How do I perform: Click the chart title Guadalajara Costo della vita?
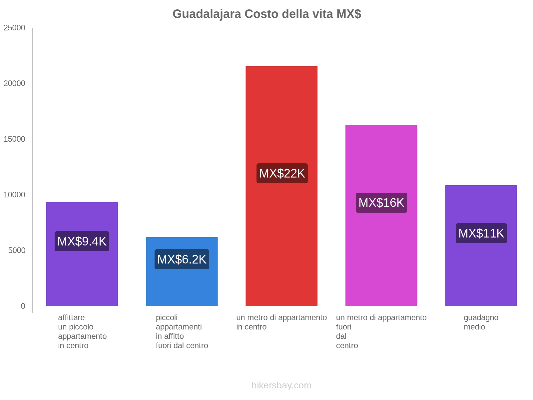(x=266, y=14)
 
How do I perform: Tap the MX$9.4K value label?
(x=82, y=241)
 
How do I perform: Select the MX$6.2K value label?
(x=182, y=259)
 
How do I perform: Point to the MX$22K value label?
(x=282, y=173)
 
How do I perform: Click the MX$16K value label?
(x=381, y=202)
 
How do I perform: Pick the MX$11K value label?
(x=481, y=233)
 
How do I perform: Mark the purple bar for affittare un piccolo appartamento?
(x=82, y=277)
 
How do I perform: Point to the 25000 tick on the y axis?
(x=14, y=28)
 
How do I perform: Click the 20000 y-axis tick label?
(x=14, y=83)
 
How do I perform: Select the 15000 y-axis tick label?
(x=14, y=139)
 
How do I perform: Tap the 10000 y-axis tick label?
(x=14, y=195)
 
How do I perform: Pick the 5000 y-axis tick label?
(x=17, y=250)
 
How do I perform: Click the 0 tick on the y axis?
(x=23, y=306)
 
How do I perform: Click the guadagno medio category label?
(x=481, y=322)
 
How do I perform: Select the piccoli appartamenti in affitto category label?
(x=182, y=331)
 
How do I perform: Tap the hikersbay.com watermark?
(x=281, y=385)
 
